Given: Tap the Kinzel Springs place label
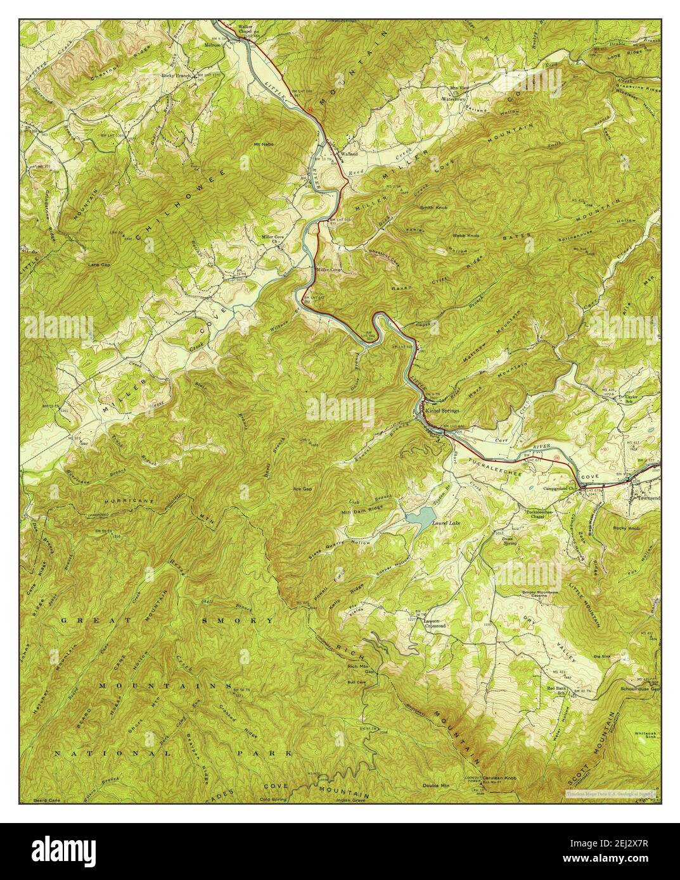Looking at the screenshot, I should pyautogui.click(x=442, y=410).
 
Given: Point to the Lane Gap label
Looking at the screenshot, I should pyautogui.click(x=99, y=265).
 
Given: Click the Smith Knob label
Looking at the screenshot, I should pyautogui.click(x=433, y=208).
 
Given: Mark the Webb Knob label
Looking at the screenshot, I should pyautogui.click(x=466, y=236).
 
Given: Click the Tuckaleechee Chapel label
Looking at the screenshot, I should pyautogui.click(x=539, y=514).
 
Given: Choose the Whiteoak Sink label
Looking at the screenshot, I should pyautogui.click(x=646, y=736).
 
